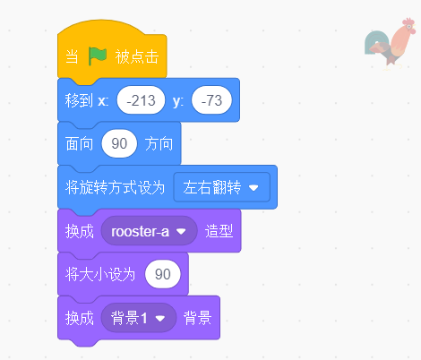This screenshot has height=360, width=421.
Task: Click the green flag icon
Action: pos(97,56)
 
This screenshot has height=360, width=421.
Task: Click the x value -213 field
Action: pos(140,100)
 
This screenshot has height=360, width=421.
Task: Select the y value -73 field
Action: pos(212,100)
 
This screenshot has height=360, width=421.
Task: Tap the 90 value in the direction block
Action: pos(119,143)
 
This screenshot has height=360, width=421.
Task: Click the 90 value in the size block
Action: pos(162,274)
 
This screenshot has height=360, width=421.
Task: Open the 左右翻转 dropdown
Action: pos(221,187)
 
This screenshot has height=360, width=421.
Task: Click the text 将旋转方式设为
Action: pos(116,187)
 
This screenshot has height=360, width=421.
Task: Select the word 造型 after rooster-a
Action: pos(219,230)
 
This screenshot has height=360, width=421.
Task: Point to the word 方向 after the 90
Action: pos(159,143)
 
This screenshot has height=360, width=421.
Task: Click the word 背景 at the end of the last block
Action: pos(198,317)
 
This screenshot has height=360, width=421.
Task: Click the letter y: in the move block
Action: pos(177,100)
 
